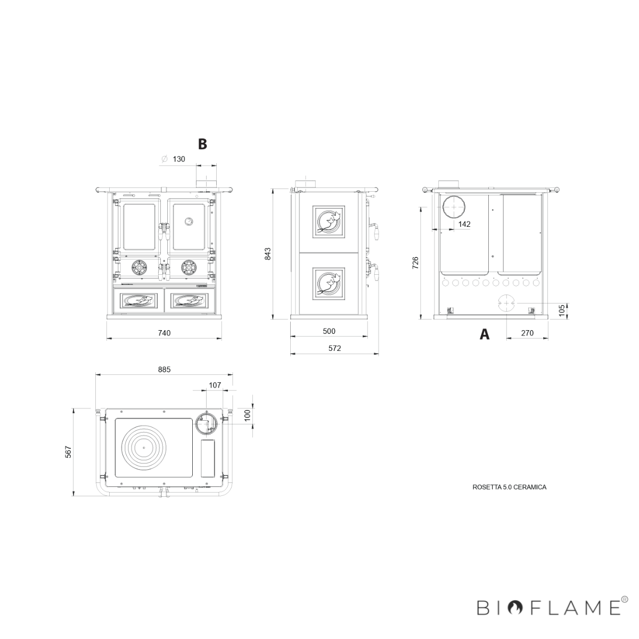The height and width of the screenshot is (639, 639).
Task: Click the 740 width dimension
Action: click(164, 333)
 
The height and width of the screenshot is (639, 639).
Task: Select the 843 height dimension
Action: click(268, 253)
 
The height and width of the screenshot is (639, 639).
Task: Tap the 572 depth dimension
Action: click(334, 348)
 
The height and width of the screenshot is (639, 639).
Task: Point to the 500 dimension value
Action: click(329, 331)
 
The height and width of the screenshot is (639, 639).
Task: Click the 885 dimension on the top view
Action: click(164, 370)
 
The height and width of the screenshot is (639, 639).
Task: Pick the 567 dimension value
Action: click(69, 452)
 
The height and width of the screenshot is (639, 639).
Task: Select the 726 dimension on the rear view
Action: click(415, 263)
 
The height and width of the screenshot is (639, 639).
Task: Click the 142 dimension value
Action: click(464, 224)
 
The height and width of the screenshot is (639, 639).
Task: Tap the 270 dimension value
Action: click(527, 333)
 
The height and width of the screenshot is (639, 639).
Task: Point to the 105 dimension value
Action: click(562, 310)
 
